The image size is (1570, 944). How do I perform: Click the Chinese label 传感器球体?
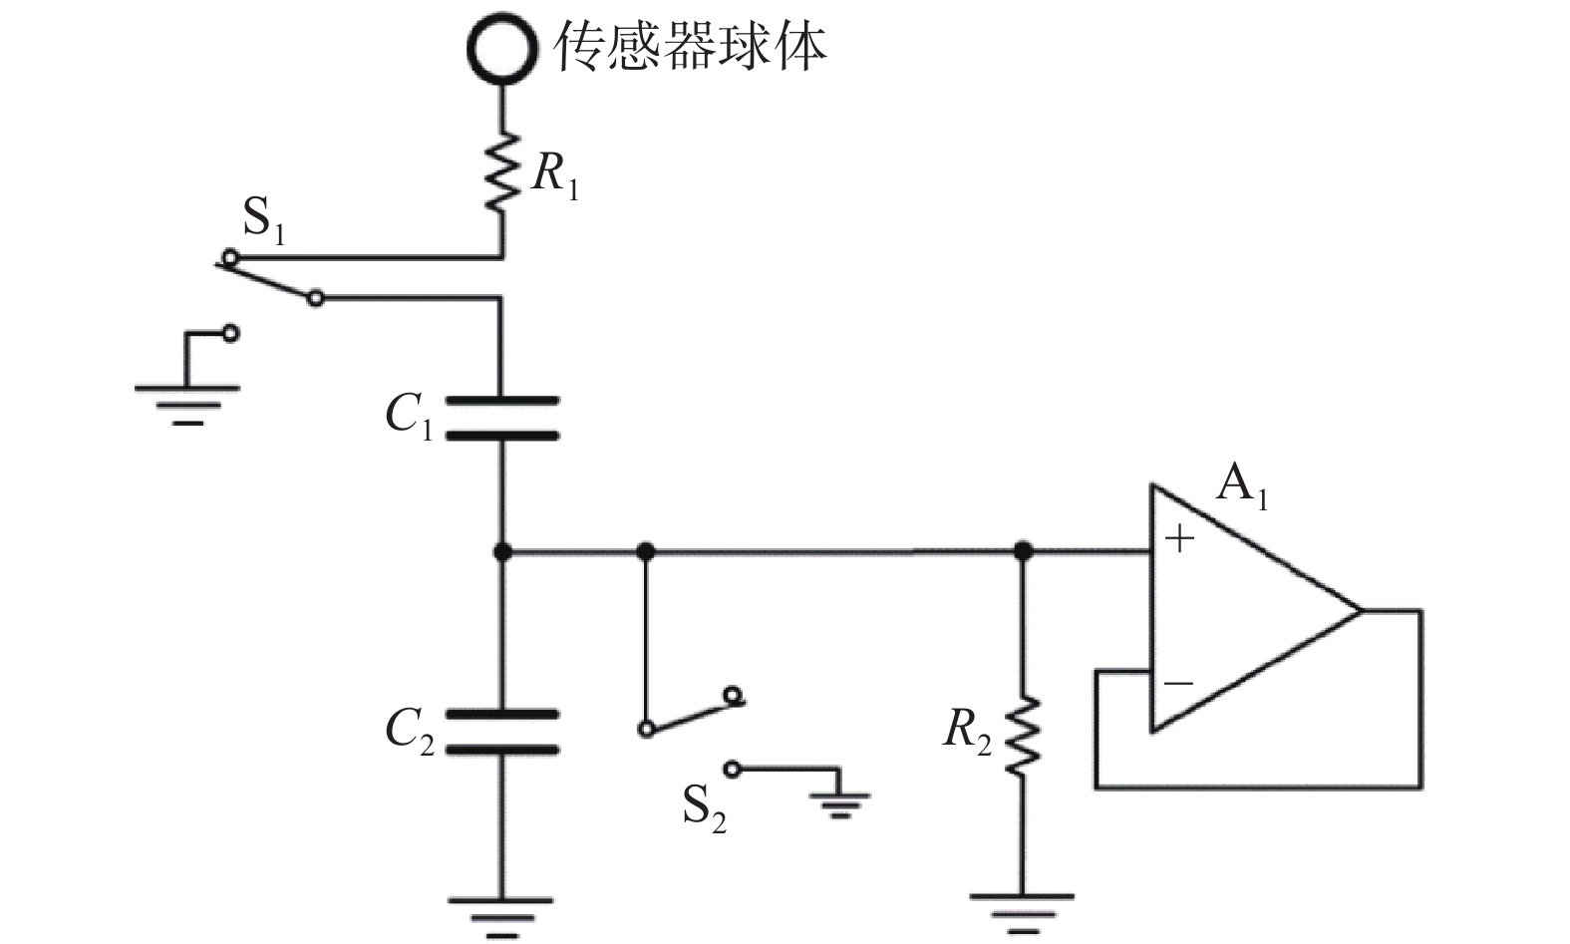click(x=690, y=47)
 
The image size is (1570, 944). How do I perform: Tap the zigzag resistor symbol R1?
click(x=501, y=171)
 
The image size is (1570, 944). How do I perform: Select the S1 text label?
click(x=264, y=219)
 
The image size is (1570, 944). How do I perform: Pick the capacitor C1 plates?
click(x=501, y=419)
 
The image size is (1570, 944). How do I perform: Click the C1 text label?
click(x=409, y=416)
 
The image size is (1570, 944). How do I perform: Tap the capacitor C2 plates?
click(x=501, y=733)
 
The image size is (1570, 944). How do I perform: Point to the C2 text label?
click(x=410, y=731)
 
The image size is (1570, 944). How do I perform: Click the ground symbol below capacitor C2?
click(x=501, y=917)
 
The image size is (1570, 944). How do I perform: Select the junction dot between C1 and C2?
click(x=501, y=552)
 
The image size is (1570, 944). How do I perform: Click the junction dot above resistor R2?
click(x=1023, y=551)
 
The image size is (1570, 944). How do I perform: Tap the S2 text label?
click(x=705, y=808)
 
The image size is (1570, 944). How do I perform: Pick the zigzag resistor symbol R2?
click(x=1023, y=736)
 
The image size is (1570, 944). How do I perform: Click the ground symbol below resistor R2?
click(x=1022, y=914)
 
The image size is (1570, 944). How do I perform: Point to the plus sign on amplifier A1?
click(x=1180, y=539)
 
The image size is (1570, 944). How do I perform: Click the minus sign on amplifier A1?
click(x=1179, y=683)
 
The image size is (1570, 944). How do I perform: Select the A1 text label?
click(x=1242, y=485)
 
